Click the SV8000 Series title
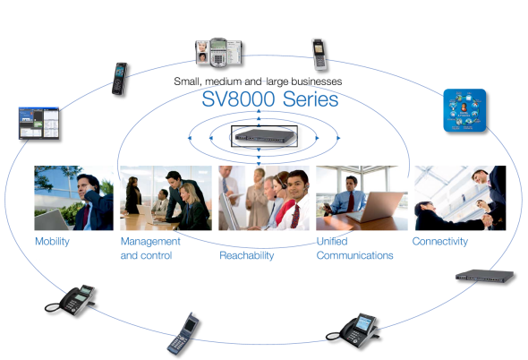coord(270,99)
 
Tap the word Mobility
coord(52,242)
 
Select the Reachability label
coord(246,255)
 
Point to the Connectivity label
coord(440,242)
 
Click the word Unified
coord(332,242)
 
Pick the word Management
coord(150,242)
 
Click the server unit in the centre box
coord(264,136)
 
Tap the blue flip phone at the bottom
coord(183,334)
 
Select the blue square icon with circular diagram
coord(464,110)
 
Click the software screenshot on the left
coord(38,123)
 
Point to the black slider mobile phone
coord(120,79)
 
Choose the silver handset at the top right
coord(319,55)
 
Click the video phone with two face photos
coord(218,52)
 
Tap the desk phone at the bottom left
coord(71,300)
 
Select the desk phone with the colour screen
coord(353,330)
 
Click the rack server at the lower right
coord(484,276)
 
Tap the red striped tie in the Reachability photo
coord(295,216)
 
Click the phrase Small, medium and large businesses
coord(258,81)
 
